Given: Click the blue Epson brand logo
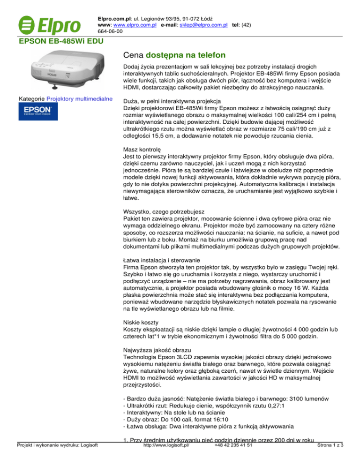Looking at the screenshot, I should (38, 114).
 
